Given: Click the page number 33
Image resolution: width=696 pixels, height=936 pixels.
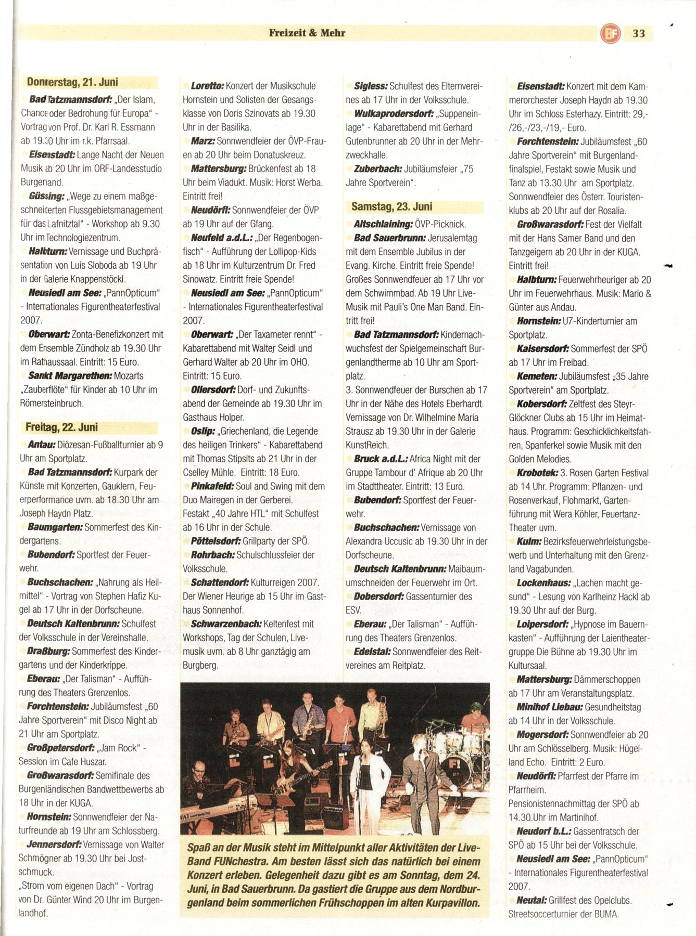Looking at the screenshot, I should pyautogui.click(x=639, y=34).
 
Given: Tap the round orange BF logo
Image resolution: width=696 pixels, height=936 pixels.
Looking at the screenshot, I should pyautogui.click(x=610, y=34).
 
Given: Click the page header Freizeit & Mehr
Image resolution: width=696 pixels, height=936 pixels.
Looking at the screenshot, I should pyautogui.click(x=307, y=33).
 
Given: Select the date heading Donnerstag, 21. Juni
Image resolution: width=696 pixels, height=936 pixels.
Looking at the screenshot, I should pyautogui.click(x=72, y=82).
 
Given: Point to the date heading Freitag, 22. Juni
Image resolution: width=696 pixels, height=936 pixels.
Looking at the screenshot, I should pyautogui.click(x=61, y=427).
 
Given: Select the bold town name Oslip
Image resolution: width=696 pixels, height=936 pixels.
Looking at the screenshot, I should pyautogui.click(x=203, y=432).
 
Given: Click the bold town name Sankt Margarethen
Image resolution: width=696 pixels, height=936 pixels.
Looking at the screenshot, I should pyautogui.click(x=70, y=376).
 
